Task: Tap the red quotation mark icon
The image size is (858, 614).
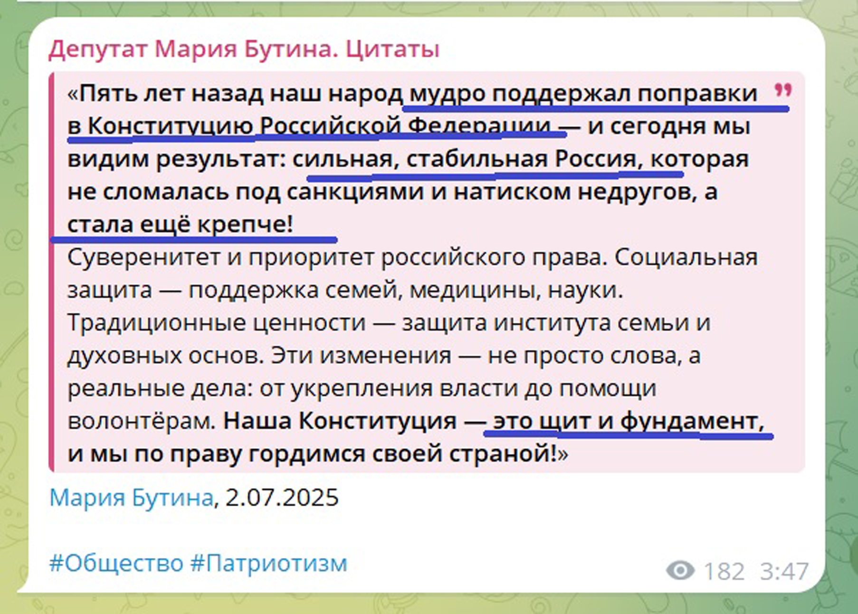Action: click(x=783, y=90)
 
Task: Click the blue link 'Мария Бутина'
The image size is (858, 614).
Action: click(x=131, y=498)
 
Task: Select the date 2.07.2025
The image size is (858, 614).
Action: click(x=282, y=498)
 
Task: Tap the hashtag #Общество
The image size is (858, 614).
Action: click(x=116, y=564)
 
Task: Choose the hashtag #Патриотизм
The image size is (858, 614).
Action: click(x=269, y=564)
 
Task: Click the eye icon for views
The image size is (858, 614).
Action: click(x=680, y=570)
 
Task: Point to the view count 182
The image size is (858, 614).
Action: click(x=724, y=571)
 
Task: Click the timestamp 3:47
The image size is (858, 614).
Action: click(x=784, y=571)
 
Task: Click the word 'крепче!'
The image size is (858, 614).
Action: click(x=246, y=225)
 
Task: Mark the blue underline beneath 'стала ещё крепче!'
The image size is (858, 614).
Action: click(x=194, y=239)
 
